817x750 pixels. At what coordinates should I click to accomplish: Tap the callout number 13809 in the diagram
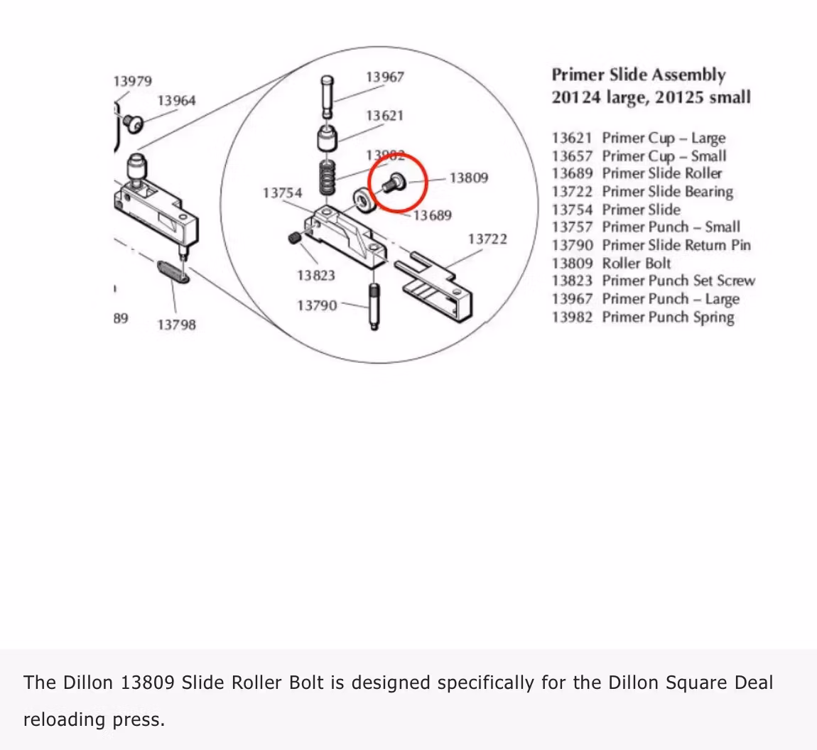469,178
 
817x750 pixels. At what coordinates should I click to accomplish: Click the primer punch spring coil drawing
327,178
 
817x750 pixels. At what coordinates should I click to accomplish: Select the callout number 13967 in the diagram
384,77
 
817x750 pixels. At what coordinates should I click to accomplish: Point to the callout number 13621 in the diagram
384,116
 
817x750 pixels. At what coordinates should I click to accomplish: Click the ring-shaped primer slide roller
364,201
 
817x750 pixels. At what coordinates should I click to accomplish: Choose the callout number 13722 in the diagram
487,239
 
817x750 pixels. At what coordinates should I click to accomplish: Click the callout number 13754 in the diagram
282,193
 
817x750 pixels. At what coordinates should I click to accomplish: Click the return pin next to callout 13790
373,305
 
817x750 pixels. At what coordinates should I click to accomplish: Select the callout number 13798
176,325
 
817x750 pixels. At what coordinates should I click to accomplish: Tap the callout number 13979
133,81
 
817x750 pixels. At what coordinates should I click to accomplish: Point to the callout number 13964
176,101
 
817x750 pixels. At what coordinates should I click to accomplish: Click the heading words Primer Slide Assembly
639,75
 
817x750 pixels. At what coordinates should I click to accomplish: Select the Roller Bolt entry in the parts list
636,263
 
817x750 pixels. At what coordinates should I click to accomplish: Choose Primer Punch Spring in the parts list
668,317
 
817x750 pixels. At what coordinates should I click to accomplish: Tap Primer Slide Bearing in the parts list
667,192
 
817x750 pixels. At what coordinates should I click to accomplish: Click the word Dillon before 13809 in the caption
88,683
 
